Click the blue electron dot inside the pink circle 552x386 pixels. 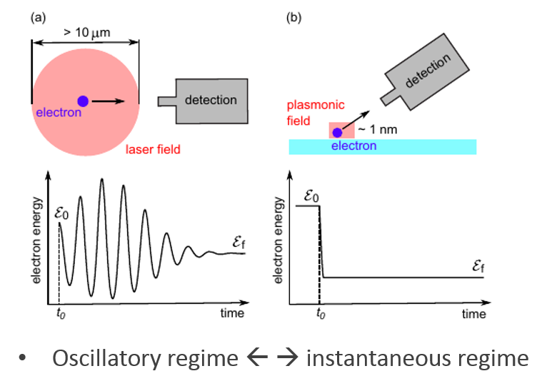click(x=83, y=101)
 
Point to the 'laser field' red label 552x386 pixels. click(x=152, y=150)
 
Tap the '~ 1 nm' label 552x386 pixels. click(x=374, y=129)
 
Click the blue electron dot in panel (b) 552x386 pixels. click(x=337, y=132)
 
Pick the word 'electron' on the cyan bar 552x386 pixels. click(x=354, y=146)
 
